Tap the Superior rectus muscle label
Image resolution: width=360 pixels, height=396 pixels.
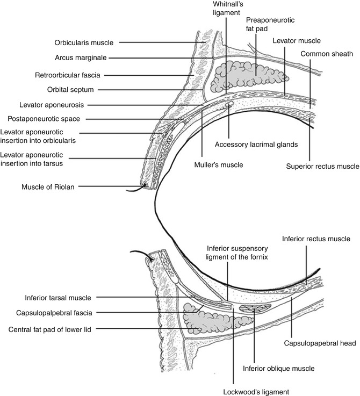321,167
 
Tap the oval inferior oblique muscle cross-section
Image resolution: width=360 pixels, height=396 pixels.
253,309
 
